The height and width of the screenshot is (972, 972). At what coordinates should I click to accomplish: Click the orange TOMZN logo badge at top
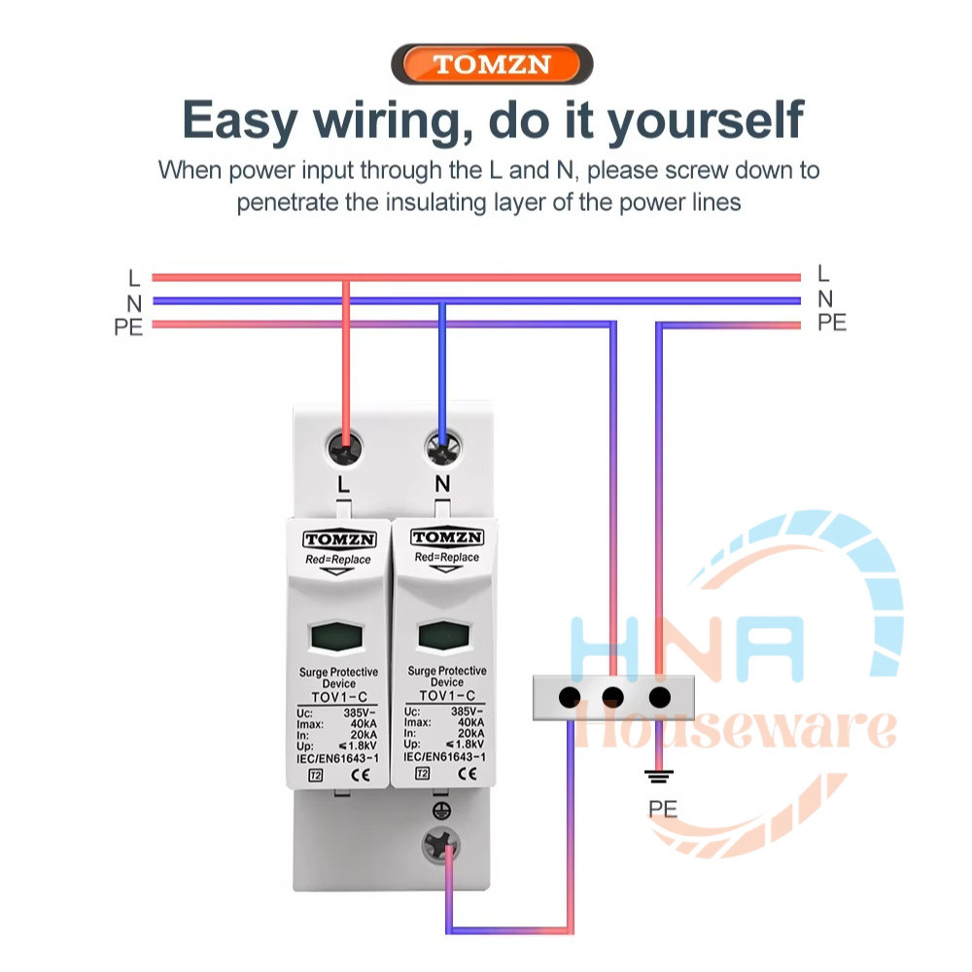[x=492, y=64]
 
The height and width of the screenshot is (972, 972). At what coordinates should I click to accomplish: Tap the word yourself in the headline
[x=705, y=122]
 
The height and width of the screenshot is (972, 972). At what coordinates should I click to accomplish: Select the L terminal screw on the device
[x=344, y=448]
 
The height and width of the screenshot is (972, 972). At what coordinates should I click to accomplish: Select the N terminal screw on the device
[x=442, y=447]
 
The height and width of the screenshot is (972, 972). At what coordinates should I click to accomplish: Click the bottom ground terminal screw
[x=440, y=847]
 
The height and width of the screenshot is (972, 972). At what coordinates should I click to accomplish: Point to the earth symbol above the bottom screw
[x=441, y=811]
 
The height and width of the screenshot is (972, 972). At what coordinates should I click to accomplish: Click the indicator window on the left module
[x=336, y=637]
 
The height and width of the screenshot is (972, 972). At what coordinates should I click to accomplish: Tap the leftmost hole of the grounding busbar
[x=569, y=697]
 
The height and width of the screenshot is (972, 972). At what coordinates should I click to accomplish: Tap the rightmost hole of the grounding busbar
[x=660, y=697]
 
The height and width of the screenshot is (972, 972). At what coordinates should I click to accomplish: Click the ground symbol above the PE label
[x=659, y=777]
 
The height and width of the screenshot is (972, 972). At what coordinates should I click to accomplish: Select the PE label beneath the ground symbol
[x=663, y=809]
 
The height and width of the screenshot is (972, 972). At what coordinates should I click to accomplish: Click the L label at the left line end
[x=134, y=278]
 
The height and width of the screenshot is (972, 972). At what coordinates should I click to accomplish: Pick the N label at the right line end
[x=825, y=299]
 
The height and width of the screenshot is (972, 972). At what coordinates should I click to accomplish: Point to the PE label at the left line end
[x=128, y=327]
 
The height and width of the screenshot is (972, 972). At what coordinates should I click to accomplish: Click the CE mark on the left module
[x=361, y=775]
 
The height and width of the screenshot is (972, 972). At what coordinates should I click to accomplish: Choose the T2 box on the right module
[x=422, y=773]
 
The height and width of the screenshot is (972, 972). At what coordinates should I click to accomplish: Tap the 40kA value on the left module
[x=364, y=723]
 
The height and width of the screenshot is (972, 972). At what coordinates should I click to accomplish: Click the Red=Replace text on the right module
[x=446, y=557]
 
